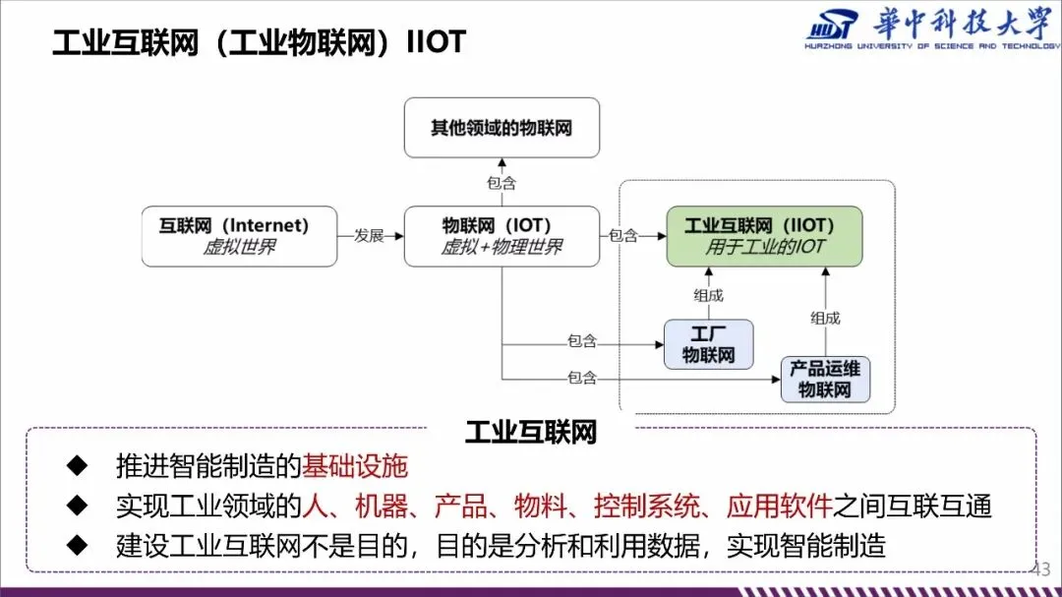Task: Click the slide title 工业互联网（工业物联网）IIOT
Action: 258,42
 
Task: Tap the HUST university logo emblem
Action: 832,28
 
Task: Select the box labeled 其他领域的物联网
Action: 501,128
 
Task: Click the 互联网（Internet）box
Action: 239,236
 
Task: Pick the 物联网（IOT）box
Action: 501,236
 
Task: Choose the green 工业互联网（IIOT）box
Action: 764,236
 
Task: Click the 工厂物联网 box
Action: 708,344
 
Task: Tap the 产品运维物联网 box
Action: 825,379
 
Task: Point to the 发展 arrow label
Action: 369,236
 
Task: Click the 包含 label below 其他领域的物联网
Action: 501,183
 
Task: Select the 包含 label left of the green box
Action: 623,236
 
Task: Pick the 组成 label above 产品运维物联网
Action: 825,317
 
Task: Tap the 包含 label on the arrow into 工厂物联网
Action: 582,342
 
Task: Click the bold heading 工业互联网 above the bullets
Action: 531,433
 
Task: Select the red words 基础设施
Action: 354,466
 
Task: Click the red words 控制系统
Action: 633,507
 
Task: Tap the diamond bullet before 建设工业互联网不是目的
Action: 77,546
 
